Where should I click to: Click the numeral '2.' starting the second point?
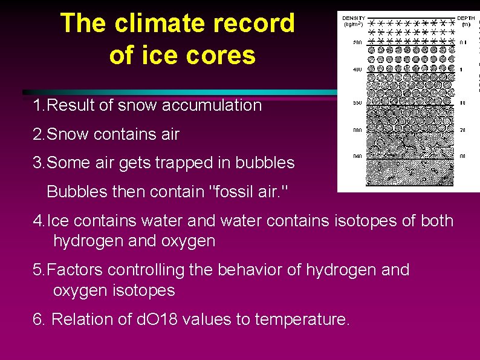coord(39,134)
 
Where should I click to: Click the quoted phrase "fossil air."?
coord(248,192)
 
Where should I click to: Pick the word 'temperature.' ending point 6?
coord(302,319)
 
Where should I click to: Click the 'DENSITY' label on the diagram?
coord(354,18)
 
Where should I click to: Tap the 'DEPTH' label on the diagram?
coord(465,18)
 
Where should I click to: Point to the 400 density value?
coord(357,70)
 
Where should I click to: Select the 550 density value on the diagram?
coord(357,103)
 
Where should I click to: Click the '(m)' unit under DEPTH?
coord(465,24)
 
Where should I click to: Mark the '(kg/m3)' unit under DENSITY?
coord(354,24)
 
